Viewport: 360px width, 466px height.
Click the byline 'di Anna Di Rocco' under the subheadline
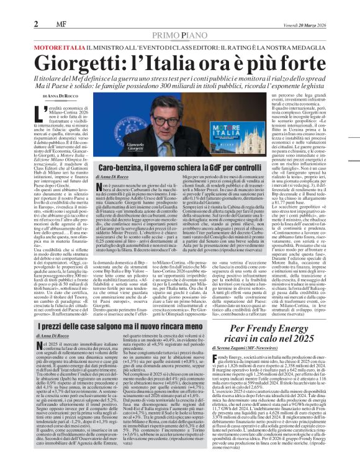[61, 97]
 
